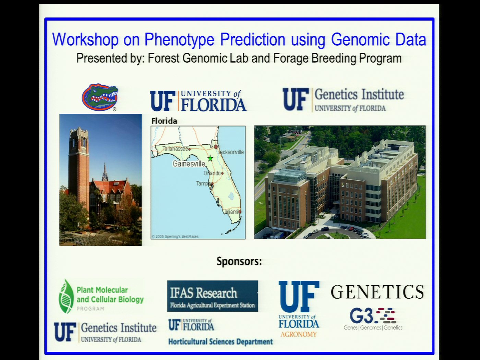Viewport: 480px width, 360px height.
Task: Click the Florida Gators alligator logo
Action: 100,97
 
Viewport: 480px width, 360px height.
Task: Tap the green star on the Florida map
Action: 210,158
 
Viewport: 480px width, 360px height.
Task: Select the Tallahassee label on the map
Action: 175,149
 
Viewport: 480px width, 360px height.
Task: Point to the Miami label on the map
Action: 232,212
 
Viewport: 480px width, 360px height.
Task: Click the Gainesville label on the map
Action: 189,164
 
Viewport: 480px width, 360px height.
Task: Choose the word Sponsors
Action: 239,261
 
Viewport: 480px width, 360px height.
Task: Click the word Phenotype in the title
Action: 180,39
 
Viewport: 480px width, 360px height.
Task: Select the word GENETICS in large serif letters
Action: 377,292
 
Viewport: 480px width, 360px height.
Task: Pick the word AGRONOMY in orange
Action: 298,334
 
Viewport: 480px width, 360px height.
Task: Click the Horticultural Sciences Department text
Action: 220,342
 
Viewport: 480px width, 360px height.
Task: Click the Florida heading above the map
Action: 164,121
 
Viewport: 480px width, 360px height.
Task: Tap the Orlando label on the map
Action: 212,173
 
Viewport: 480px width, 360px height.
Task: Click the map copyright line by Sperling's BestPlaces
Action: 175,236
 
